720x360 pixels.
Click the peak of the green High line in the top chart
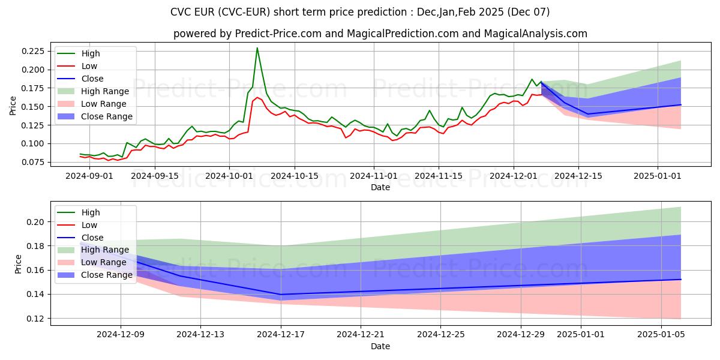click(x=257, y=48)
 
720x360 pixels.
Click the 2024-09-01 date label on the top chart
click(x=80, y=176)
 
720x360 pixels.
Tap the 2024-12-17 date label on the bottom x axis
click(x=280, y=335)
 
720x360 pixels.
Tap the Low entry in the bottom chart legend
click(x=89, y=225)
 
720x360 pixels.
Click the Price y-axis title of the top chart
click(x=13, y=106)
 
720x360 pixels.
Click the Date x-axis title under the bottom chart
click(x=380, y=346)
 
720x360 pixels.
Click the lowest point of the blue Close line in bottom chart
click(x=280, y=295)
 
